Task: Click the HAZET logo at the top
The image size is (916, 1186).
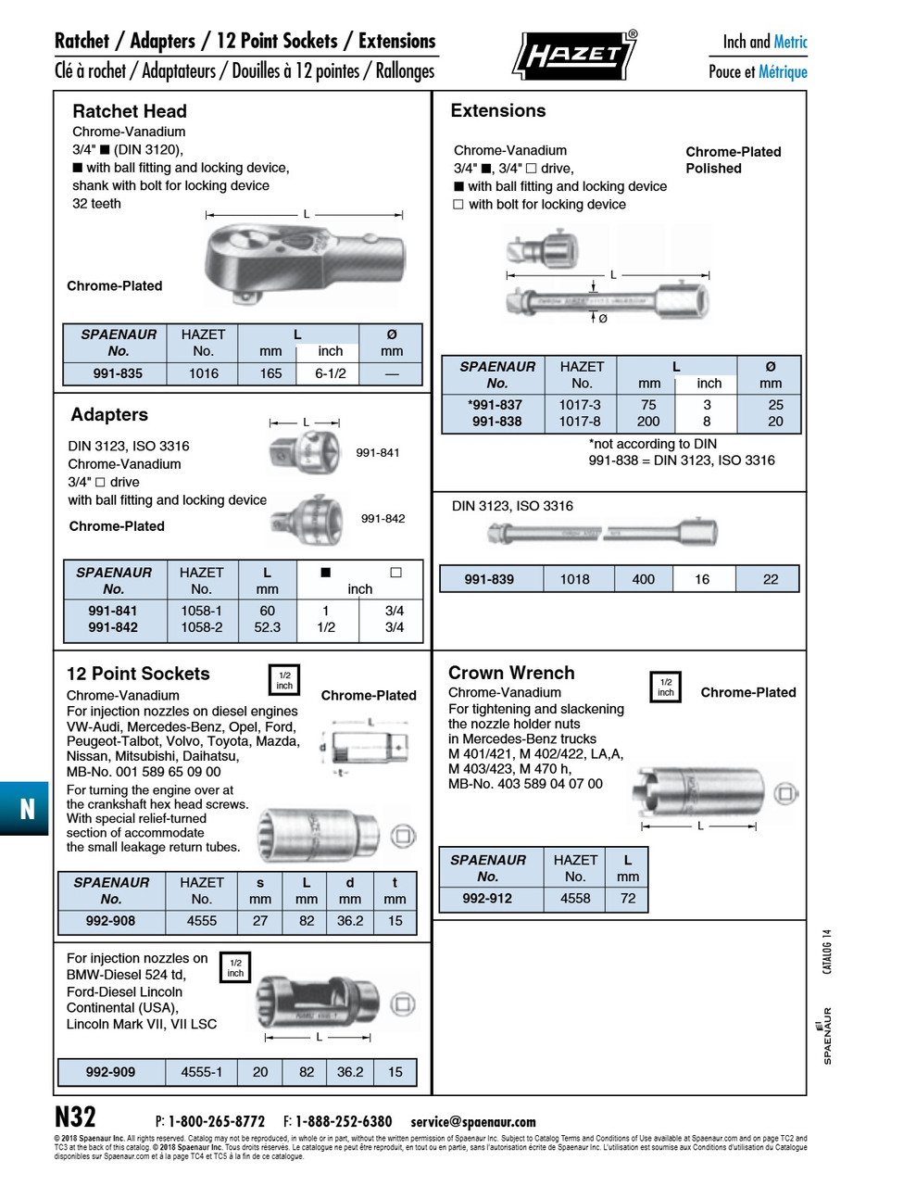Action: (574, 56)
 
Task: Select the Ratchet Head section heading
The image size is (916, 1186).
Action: (130, 111)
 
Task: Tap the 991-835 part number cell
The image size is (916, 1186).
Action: (118, 373)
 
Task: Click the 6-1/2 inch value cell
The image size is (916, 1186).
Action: (330, 373)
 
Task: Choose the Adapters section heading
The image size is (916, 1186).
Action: (109, 414)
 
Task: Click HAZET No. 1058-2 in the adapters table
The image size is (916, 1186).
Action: (201, 627)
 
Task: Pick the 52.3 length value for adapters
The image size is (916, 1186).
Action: (267, 627)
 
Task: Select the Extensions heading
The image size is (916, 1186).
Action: (497, 110)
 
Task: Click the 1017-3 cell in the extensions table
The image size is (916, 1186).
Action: (580, 405)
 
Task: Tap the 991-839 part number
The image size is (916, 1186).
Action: (489, 579)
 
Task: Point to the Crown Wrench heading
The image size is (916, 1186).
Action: (511, 673)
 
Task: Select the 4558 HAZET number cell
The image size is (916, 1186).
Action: (575, 898)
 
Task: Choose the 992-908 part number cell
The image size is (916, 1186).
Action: (110, 921)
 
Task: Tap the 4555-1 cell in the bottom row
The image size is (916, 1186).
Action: (201, 1072)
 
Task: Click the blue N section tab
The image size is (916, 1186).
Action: (25, 809)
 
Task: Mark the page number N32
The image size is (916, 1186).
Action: (75, 1117)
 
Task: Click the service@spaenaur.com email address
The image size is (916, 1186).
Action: (473, 1122)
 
